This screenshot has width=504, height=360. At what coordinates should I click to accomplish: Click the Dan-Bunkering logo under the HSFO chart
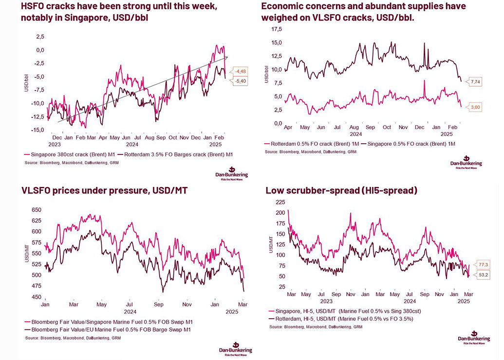click(233, 175)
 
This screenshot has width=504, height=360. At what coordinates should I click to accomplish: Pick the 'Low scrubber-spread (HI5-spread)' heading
click(341, 190)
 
